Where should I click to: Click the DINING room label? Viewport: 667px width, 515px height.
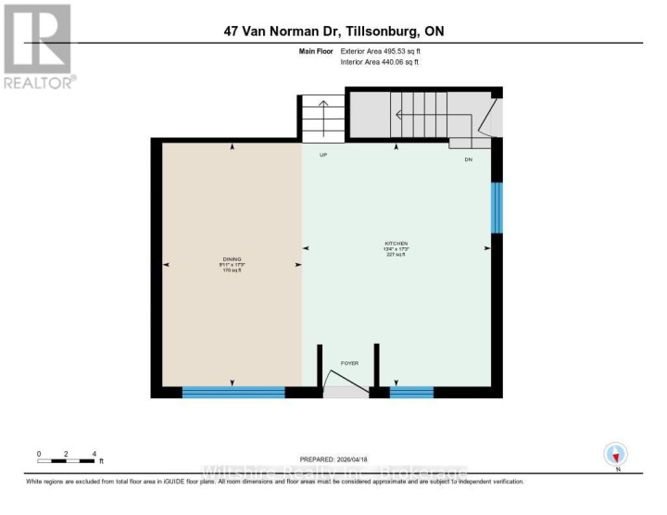point(232,259)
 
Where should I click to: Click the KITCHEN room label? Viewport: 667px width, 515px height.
point(397,243)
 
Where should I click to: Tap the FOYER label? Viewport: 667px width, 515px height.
point(348,363)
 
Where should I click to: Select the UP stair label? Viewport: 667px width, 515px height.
point(323,156)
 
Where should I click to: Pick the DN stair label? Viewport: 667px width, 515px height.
point(469,159)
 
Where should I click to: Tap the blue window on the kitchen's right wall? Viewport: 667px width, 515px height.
point(497,207)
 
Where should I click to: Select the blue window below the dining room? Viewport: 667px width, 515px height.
point(233,393)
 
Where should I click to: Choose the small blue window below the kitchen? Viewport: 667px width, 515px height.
point(411,393)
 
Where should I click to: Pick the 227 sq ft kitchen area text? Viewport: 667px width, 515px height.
point(397,256)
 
